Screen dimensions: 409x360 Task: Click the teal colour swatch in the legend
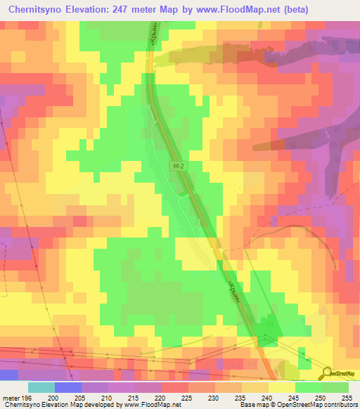click(x=41, y=388)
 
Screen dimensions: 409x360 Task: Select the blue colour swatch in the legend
click(x=68, y=388)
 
